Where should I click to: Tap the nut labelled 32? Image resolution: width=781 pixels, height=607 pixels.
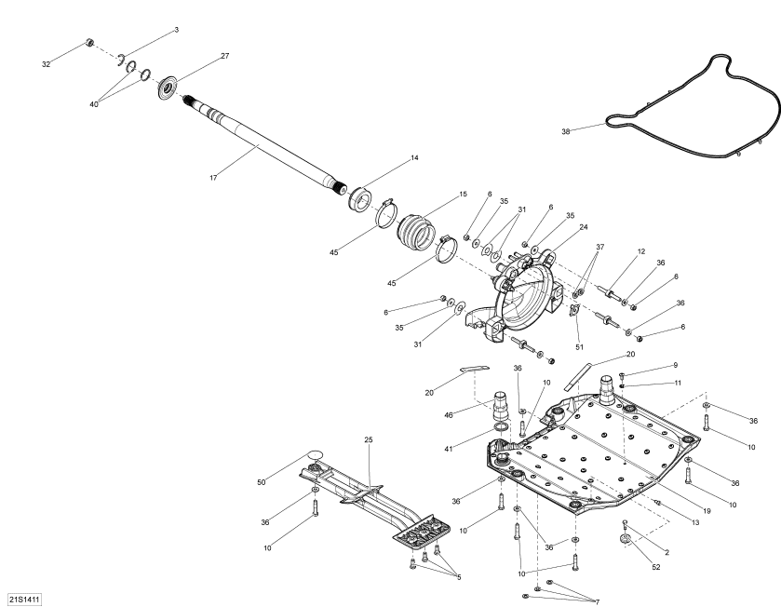(x=89, y=43)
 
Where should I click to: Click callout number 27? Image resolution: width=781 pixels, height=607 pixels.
(x=224, y=56)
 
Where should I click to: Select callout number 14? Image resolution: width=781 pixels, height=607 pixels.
(x=414, y=158)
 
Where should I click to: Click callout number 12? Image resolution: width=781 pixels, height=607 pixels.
(x=641, y=251)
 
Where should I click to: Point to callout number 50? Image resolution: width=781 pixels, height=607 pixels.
(x=262, y=482)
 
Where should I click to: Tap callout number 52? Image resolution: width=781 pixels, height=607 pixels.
(x=655, y=567)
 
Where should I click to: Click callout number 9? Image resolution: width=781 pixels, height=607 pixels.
(x=676, y=365)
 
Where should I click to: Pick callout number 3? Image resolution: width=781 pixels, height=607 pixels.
(x=176, y=31)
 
